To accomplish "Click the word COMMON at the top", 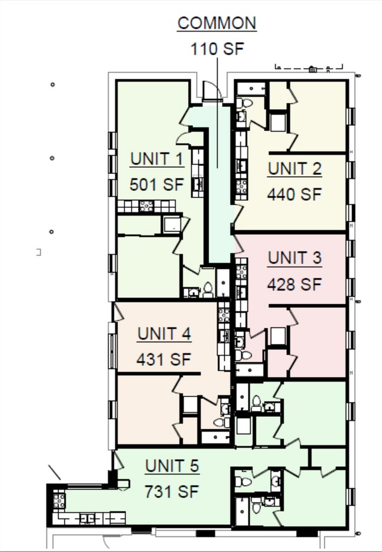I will click(x=217, y=23).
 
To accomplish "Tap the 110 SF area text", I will click(x=217, y=48).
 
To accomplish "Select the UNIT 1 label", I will click(x=157, y=159).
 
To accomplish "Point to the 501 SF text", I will click(x=157, y=185).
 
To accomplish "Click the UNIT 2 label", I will click(x=294, y=169).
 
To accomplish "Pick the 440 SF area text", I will click(x=294, y=194).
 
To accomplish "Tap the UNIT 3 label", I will click(x=294, y=258).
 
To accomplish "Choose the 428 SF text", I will click(x=294, y=284).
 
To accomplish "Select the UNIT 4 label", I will click(x=164, y=334).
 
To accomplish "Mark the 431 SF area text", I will click(x=164, y=359).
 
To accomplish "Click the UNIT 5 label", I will click(x=172, y=466).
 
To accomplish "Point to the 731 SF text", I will click(x=172, y=492).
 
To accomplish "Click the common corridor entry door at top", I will click(x=211, y=91).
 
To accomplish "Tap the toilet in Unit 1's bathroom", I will click(x=207, y=288).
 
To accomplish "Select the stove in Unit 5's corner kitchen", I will click(x=59, y=500).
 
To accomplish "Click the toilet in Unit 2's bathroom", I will click(x=247, y=103).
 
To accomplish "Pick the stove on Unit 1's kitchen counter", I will click(x=146, y=206).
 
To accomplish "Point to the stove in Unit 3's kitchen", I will click(x=241, y=271).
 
